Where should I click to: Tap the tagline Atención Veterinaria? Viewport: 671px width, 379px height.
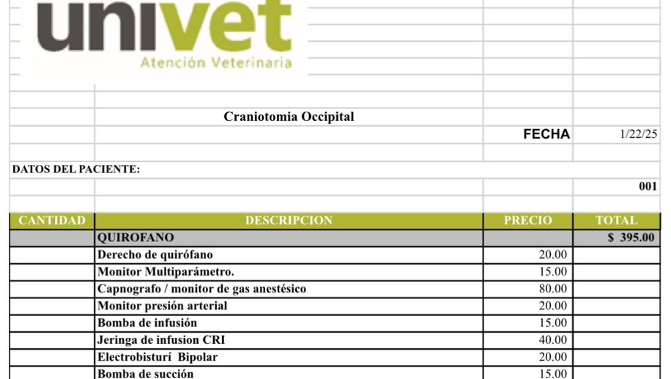(x=215, y=63)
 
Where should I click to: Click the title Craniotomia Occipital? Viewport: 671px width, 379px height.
(x=289, y=117)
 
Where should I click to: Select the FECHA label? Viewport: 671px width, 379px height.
(x=546, y=134)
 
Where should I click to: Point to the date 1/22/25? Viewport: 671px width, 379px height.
(x=638, y=134)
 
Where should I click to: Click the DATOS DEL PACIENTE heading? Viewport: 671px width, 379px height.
(x=76, y=169)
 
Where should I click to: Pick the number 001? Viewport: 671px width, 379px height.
(x=648, y=186)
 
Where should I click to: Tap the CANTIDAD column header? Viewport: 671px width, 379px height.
(x=52, y=221)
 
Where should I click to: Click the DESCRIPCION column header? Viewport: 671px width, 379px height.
(x=289, y=221)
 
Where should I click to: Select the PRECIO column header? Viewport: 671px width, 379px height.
(x=527, y=221)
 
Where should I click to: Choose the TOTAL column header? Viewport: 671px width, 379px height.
(x=616, y=221)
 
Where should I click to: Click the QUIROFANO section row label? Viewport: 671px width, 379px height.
(x=136, y=238)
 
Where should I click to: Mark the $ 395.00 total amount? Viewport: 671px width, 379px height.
(x=631, y=238)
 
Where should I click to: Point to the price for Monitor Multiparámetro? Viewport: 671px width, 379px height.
(x=552, y=272)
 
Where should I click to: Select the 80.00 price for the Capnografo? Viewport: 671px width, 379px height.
(x=552, y=289)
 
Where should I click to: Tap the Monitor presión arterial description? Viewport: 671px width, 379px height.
(x=162, y=306)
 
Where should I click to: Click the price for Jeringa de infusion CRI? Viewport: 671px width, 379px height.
(x=552, y=339)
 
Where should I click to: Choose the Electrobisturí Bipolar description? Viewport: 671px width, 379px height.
(x=157, y=357)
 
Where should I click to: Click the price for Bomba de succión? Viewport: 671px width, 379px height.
(x=552, y=373)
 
